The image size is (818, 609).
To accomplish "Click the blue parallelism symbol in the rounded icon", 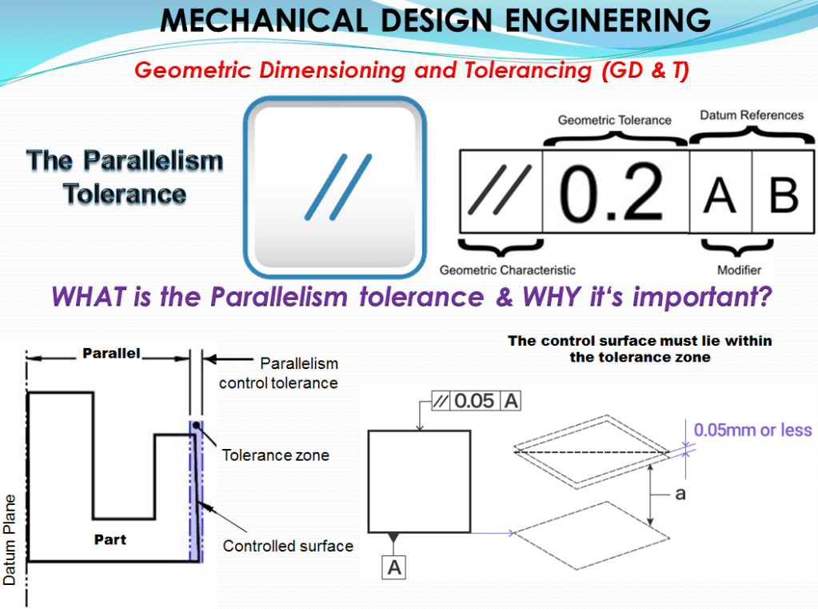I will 338,186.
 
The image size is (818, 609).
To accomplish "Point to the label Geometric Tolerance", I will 614,120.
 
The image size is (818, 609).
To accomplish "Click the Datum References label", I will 751,115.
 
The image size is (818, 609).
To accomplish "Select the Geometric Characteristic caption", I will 507,270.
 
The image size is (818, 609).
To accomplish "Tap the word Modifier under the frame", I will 739,270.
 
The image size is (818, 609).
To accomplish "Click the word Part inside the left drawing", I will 110,539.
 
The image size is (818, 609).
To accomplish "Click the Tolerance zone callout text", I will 275,455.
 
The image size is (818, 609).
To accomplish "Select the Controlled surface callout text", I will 288,547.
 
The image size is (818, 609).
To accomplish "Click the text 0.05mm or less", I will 752,431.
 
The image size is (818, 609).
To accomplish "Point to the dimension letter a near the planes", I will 680,494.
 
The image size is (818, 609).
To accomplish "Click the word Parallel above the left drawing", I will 111,353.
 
